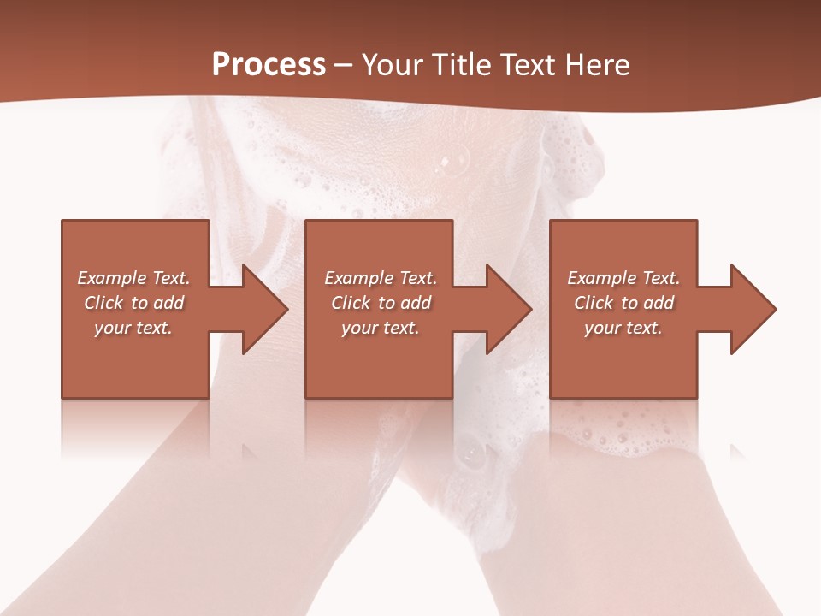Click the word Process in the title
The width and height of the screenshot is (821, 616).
(269, 64)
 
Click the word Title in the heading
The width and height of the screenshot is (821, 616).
(459, 65)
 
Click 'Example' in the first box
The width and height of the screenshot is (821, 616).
(112, 278)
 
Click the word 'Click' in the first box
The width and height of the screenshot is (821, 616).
(103, 303)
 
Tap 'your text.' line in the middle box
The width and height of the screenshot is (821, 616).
(380, 328)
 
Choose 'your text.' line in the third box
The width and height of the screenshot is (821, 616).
(623, 328)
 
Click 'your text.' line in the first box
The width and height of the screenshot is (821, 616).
(133, 328)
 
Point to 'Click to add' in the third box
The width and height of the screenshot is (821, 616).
(623, 303)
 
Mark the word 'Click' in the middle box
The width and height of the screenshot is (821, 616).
(351, 303)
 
